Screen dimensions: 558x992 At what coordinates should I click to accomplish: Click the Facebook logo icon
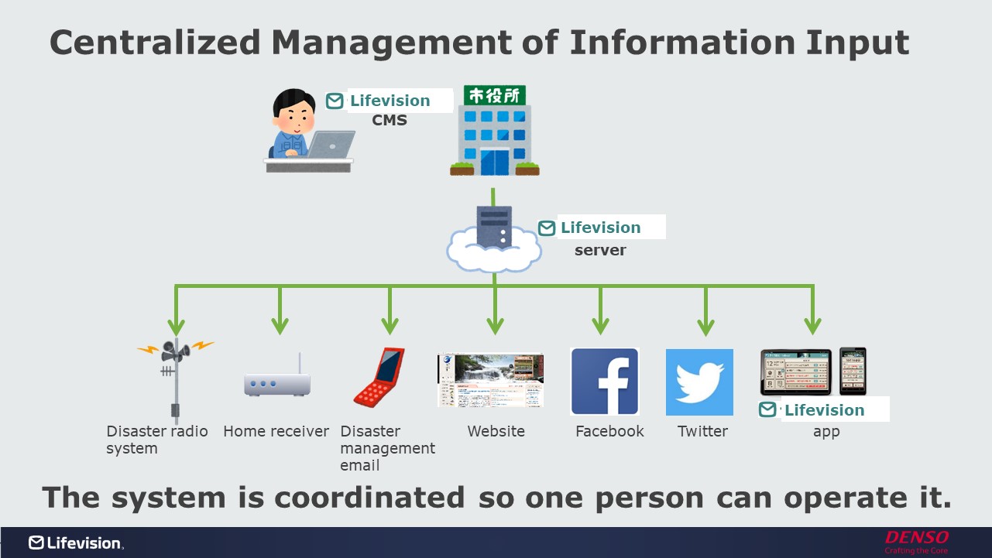click(604, 382)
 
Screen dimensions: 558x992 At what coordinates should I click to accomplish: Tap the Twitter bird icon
click(699, 382)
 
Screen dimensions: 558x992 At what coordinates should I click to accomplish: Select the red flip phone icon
click(379, 377)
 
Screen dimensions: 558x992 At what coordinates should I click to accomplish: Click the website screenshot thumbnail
click(490, 380)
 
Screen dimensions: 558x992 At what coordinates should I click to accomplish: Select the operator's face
click(295, 115)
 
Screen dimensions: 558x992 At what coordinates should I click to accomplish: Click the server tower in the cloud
click(494, 228)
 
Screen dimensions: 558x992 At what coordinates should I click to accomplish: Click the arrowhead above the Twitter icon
click(705, 325)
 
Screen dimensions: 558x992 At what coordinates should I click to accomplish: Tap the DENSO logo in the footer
click(916, 537)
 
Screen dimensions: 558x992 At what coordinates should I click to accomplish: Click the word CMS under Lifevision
click(390, 120)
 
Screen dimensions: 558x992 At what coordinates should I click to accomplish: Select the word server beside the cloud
click(600, 250)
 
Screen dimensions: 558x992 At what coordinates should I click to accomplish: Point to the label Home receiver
click(276, 431)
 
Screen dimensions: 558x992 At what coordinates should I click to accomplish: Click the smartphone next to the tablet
click(853, 371)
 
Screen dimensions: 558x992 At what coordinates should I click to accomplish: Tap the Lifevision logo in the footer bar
click(76, 543)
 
